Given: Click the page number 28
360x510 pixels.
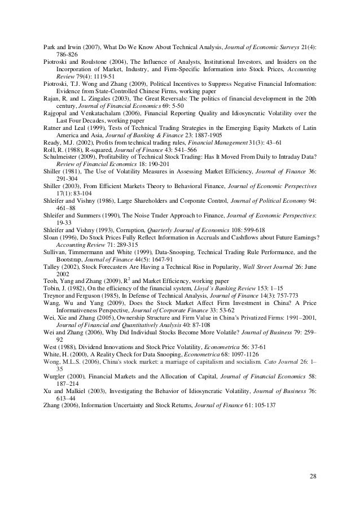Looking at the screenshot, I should pos(313,478).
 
